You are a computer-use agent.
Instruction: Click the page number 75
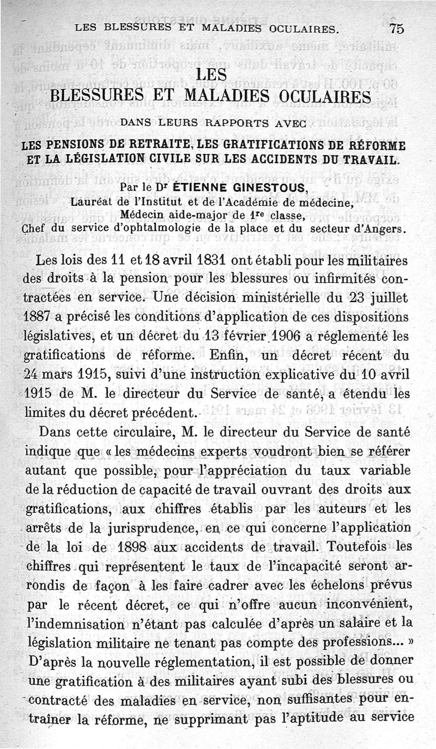pos(397,29)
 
